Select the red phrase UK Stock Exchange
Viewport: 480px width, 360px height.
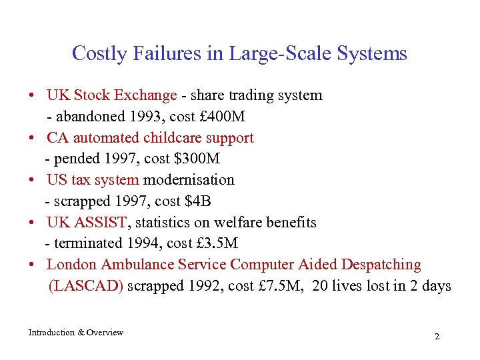[x=111, y=95]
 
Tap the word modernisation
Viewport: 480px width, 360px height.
[x=189, y=180]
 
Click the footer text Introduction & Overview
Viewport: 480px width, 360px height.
[x=75, y=333]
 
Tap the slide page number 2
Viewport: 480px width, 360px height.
[x=437, y=337]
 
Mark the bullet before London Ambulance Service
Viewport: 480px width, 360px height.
[x=32, y=265]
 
